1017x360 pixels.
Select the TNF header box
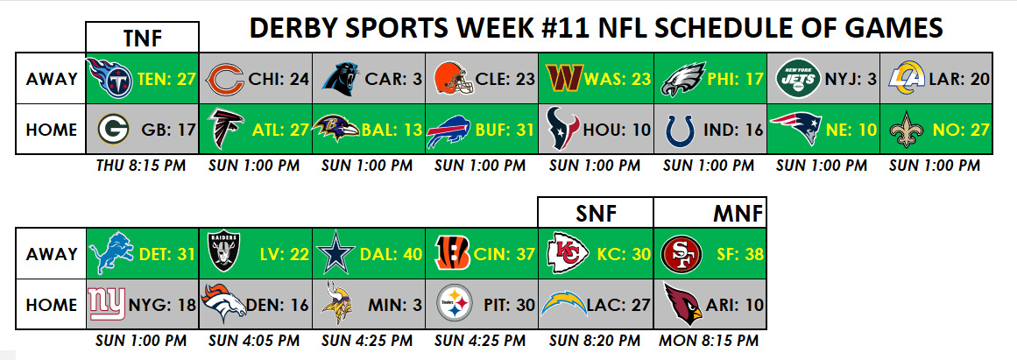click(142, 37)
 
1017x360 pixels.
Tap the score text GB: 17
click(169, 130)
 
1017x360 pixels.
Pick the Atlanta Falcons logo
click(225, 129)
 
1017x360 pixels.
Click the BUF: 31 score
click(508, 130)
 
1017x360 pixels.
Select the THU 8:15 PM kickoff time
click(141, 166)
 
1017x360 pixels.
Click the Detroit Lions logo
click(111, 254)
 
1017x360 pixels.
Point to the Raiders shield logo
click(223, 253)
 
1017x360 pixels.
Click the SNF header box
click(596, 213)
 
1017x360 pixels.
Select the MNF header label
click(737, 214)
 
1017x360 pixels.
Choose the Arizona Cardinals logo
click(683, 304)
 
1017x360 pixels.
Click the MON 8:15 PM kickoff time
click(709, 341)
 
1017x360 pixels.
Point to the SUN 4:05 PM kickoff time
click(254, 341)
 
